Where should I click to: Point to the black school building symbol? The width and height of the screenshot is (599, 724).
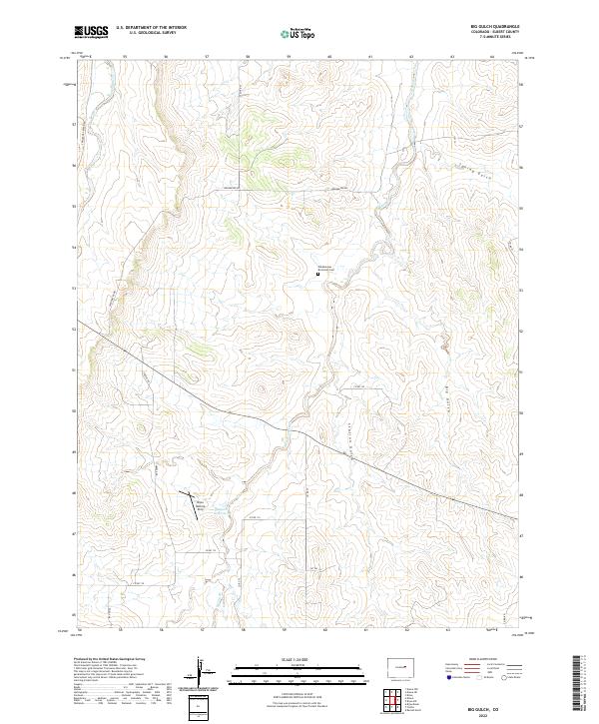pyautogui.click(x=319, y=276)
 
